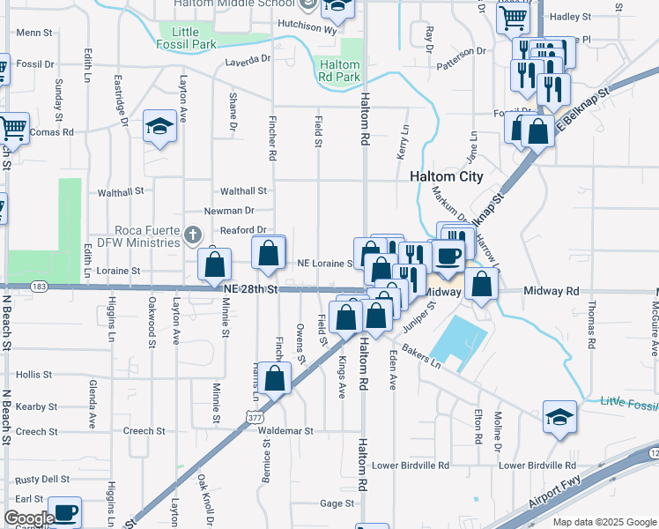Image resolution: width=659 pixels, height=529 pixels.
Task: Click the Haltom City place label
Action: click(x=447, y=176)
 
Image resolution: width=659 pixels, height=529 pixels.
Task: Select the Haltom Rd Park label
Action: click(x=339, y=71)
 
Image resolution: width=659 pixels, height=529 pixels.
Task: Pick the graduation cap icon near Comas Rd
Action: click(x=160, y=129)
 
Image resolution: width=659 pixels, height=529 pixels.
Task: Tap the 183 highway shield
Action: click(x=39, y=287)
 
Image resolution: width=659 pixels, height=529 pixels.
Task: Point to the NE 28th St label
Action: click(x=250, y=289)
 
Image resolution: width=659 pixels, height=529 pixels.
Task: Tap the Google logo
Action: click(x=28, y=518)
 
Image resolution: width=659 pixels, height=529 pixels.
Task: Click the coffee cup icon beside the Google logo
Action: click(x=65, y=511)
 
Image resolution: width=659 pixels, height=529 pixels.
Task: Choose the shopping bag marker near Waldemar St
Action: click(x=276, y=378)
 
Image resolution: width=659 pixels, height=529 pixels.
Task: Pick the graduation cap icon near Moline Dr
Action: click(x=559, y=417)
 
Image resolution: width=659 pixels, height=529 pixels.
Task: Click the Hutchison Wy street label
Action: click(x=307, y=27)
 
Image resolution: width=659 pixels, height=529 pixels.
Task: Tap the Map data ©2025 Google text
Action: click(x=603, y=522)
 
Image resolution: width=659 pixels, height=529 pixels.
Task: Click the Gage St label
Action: click(x=337, y=503)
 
